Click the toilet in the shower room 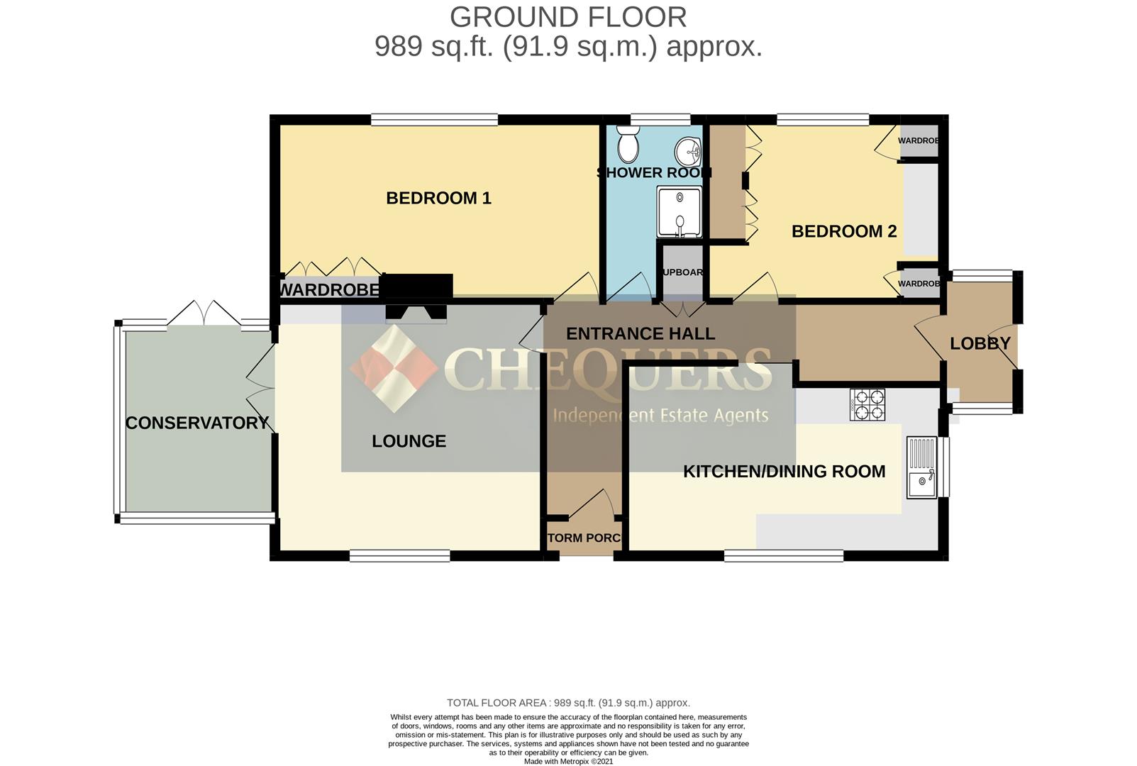point(628,145)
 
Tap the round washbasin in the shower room point(687,151)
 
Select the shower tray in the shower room point(679,211)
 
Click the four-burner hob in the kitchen point(867,404)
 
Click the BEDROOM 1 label point(438,198)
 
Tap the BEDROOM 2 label point(843,231)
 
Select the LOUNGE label point(409,441)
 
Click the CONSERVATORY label point(196,423)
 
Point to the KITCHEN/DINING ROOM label point(784,472)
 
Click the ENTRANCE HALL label point(640,333)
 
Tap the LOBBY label point(980,344)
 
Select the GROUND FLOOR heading point(567,17)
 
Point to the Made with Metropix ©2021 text point(568,761)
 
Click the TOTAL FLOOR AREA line point(568,703)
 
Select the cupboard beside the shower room point(682,272)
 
